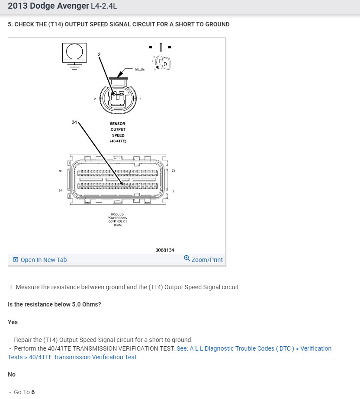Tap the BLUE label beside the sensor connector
[x=140, y=69]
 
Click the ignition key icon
[x=163, y=64]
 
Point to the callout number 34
[x=74, y=122]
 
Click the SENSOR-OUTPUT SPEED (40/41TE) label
[x=118, y=132]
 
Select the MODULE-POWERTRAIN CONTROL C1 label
[x=118, y=220]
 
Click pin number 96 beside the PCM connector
[x=61, y=171]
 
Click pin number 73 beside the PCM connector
[x=173, y=171]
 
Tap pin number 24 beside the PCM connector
[x=61, y=191]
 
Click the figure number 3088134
[x=164, y=250]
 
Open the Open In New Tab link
[x=40, y=260]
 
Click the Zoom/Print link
[x=203, y=259]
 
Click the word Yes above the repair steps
[x=13, y=322]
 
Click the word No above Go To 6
[x=12, y=374]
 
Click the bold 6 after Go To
[x=33, y=392]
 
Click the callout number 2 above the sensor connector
[x=99, y=54]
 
